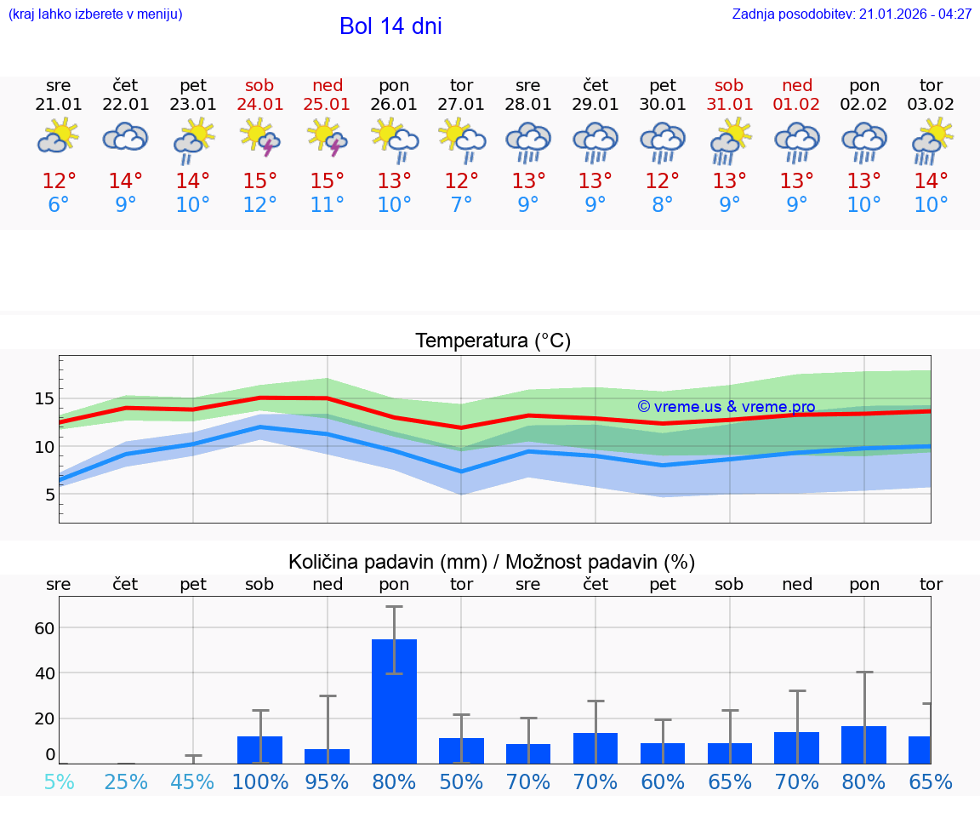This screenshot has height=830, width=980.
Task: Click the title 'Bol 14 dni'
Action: click(390, 26)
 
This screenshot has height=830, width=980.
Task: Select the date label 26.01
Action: click(394, 105)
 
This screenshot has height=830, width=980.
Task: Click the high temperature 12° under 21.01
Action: click(59, 181)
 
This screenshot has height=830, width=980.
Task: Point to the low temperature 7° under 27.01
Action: click(461, 205)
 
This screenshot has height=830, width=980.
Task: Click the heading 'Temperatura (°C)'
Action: click(493, 341)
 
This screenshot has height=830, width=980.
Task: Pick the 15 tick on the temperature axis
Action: click(45, 398)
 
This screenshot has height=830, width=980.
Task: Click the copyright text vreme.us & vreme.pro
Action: click(726, 407)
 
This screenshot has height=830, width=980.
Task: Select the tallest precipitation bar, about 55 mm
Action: click(394, 701)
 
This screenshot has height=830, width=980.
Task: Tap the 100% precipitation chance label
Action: click(260, 781)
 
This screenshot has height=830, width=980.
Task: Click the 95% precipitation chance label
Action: click(328, 781)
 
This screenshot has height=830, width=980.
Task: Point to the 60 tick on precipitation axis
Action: click(44, 628)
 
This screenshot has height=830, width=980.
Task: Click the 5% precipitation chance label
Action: click(59, 781)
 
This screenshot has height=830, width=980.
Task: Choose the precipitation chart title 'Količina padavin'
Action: click(492, 562)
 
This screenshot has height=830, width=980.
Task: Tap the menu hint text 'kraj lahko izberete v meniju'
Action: click(95, 14)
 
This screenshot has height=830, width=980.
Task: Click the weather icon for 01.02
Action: click(797, 141)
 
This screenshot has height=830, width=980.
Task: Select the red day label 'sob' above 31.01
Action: click(729, 85)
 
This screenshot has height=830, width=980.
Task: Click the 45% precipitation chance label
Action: click(193, 781)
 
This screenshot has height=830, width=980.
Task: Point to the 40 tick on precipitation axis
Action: click(44, 673)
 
